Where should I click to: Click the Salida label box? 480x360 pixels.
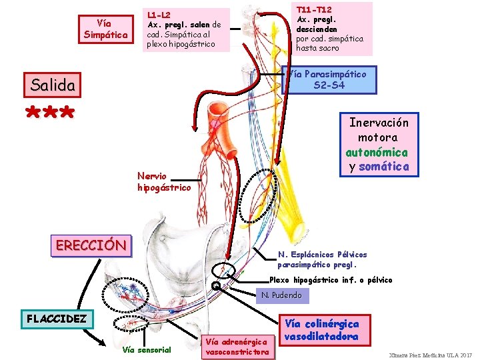(x=53, y=85)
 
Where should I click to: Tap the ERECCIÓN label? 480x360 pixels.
(x=91, y=245)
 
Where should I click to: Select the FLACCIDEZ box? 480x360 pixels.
(x=57, y=318)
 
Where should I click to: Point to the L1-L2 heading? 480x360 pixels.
(x=159, y=15)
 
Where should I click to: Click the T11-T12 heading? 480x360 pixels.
(x=314, y=10)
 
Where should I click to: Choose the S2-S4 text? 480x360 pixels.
(x=329, y=85)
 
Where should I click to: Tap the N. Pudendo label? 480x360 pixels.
(x=281, y=295)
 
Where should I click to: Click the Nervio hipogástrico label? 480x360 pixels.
(x=164, y=181)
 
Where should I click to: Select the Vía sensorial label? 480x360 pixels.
(x=147, y=350)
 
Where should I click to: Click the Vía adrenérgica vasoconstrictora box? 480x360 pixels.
(x=237, y=346)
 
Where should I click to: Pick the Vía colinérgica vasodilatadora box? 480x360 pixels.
(x=322, y=330)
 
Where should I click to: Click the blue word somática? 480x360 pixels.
(x=384, y=166)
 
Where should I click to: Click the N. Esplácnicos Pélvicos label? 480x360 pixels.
(x=323, y=255)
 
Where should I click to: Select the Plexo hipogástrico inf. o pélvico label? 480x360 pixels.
(x=331, y=279)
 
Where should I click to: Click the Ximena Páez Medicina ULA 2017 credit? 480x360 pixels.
(x=430, y=355)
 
